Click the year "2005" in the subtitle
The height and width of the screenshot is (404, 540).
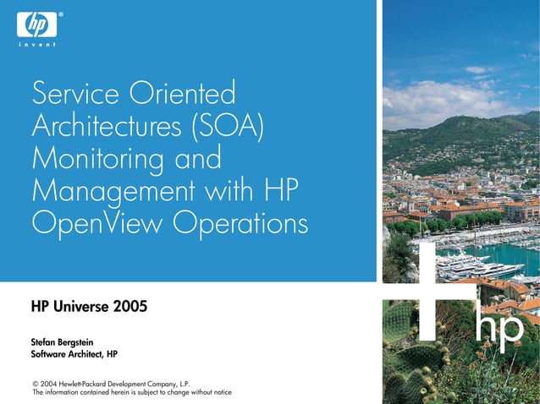(x=129, y=305)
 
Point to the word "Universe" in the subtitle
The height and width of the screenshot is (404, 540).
(x=81, y=305)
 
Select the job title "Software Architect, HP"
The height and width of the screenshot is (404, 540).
(x=74, y=354)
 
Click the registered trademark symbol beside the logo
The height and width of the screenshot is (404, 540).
(x=60, y=14)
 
